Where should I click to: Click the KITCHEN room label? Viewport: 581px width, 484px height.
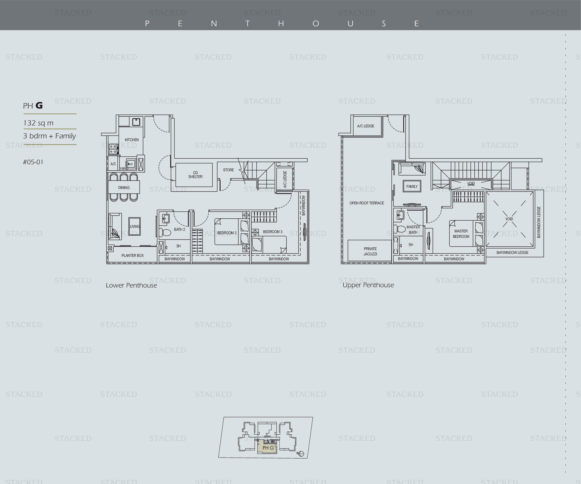coord(132,140)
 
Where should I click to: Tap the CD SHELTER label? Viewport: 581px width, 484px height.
coord(195,175)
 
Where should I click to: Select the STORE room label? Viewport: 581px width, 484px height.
coord(228,170)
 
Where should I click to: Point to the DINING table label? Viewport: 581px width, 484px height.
coord(124,188)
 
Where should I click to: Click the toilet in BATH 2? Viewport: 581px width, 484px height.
coord(165,232)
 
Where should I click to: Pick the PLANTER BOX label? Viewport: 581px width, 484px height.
coord(133,255)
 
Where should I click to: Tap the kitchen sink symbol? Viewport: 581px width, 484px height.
coord(136,122)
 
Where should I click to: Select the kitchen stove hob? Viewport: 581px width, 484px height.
coord(113,148)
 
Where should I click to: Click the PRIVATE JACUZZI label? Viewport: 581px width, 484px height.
coord(370,251)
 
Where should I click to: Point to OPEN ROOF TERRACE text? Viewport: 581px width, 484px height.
coord(367,203)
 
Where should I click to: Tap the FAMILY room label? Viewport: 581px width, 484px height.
coord(412,186)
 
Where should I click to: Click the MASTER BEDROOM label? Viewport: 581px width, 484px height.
coord(461,234)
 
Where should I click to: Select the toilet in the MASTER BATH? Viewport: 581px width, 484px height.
coord(400,229)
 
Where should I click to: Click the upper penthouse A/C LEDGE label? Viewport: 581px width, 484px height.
coord(366,126)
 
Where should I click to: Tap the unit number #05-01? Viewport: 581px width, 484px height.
coord(33,162)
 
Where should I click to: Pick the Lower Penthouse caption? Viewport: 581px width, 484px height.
coord(131,285)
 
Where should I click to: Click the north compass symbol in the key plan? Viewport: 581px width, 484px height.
coord(301,454)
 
